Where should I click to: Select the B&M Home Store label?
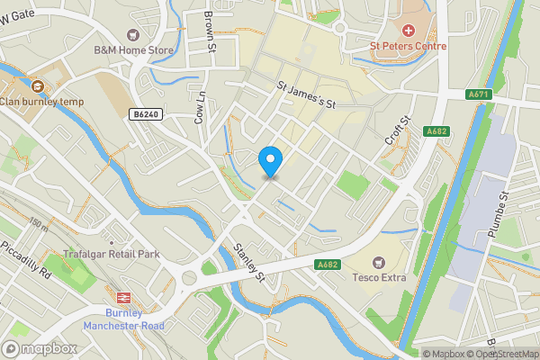click(x=133, y=50)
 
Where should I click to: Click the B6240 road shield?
click(x=145, y=114)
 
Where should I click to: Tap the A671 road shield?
click(x=478, y=94)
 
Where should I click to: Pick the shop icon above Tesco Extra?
click(x=379, y=260)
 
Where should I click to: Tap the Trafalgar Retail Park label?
click(x=112, y=255)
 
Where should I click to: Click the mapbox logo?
click(x=40, y=348)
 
